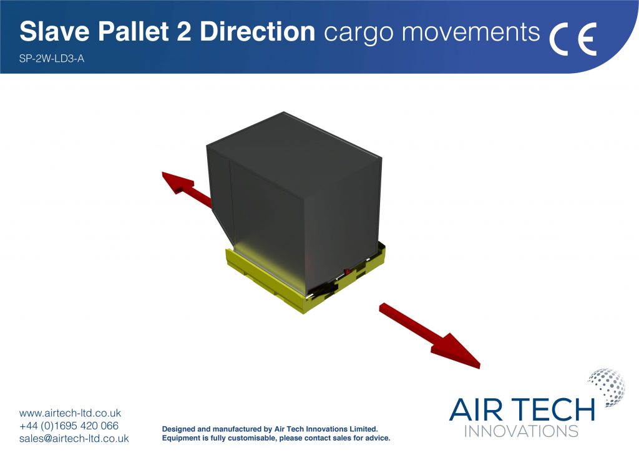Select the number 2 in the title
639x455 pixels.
(x=184, y=31)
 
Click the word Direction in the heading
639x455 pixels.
(x=258, y=31)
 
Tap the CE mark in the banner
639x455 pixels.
(x=573, y=39)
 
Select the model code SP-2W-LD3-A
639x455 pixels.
(x=52, y=59)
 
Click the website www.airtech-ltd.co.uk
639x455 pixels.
(x=70, y=413)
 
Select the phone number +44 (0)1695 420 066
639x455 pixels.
(x=69, y=426)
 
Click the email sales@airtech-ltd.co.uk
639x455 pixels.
(x=74, y=439)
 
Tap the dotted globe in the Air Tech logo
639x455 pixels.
(x=607, y=387)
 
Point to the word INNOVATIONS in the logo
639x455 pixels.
(x=521, y=431)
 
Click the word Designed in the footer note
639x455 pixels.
(x=178, y=429)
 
